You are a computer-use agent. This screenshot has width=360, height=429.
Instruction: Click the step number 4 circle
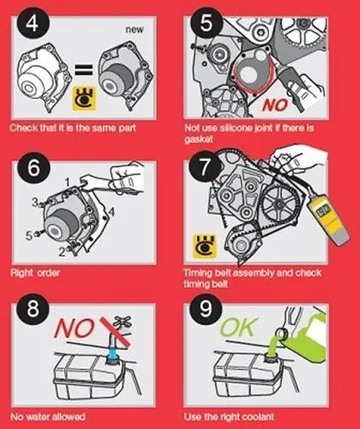(32, 23)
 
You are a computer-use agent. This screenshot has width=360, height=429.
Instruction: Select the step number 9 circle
(205, 308)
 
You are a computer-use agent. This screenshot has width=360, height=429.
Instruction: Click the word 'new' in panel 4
(135, 29)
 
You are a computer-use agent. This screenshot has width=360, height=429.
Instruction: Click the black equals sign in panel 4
(84, 69)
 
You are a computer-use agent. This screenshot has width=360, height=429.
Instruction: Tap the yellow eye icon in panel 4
(84, 99)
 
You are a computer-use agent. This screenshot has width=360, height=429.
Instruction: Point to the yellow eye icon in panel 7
(205, 245)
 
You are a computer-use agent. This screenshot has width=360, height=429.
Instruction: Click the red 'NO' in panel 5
(274, 105)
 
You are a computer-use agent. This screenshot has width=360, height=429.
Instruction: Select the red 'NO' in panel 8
(75, 328)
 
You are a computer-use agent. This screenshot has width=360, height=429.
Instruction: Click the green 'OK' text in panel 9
(237, 327)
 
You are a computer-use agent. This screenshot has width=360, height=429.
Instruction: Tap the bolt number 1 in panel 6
(68, 182)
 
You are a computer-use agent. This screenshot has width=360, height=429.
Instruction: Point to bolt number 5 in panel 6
(29, 236)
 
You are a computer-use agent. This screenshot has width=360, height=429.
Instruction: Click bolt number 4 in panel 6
(111, 212)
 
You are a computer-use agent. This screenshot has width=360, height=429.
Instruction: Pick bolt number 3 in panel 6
(35, 202)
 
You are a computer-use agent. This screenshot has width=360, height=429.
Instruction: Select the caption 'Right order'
(35, 273)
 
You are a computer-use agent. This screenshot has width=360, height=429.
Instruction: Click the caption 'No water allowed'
(48, 416)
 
